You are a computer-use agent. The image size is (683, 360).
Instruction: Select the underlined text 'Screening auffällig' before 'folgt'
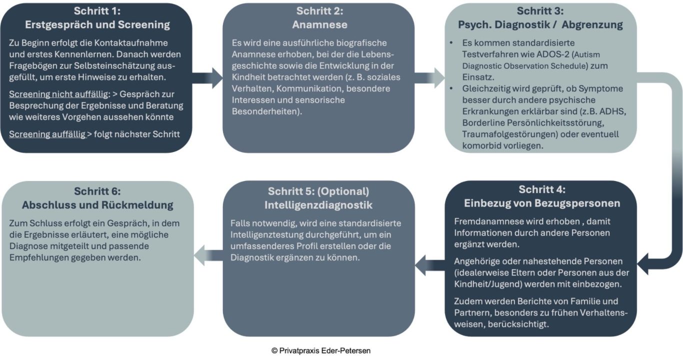click(47, 134)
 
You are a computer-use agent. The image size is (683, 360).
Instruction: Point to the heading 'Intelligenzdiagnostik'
click(318, 205)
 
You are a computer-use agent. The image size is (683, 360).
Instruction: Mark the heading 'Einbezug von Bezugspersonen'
click(542, 203)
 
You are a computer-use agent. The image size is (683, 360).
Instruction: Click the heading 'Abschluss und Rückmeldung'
click(97, 205)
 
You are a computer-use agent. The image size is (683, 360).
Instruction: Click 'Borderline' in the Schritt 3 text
click(486, 122)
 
